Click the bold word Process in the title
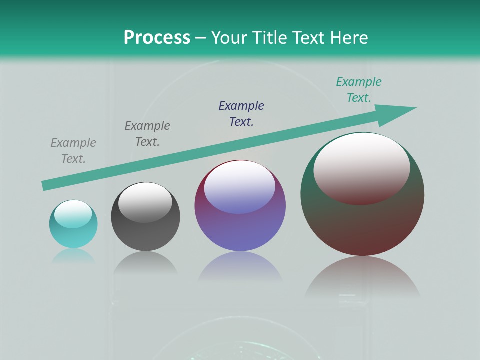pos(157,37)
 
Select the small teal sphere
pos(73,235)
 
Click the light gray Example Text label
pos(73,151)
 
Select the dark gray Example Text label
pos(147,134)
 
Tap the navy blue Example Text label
pos(241,113)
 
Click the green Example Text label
pos(359,90)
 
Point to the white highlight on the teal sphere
pos(73,214)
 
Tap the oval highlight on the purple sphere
pos(240,187)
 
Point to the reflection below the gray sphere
pos(145,263)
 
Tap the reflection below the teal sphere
pos(73,256)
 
